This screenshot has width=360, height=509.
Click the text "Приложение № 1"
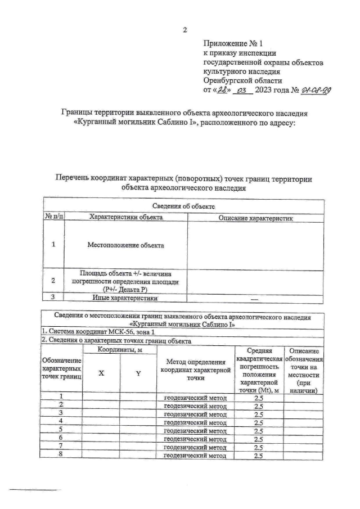click(x=232, y=43)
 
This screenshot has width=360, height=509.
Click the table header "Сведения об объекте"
click(x=183, y=207)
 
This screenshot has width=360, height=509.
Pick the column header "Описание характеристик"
click(x=256, y=217)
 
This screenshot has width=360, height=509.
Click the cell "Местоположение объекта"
click(x=125, y=246)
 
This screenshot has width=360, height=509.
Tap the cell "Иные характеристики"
click(x=125, y=298)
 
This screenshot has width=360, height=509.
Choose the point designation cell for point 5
click(x=61, y=429)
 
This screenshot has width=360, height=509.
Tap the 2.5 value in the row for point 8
click(x=259, y=456)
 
